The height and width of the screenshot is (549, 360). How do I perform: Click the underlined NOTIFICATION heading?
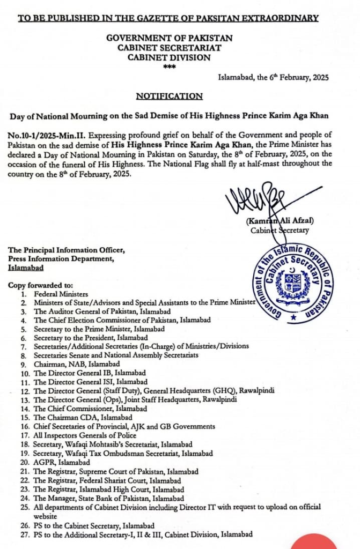tap(170, 97)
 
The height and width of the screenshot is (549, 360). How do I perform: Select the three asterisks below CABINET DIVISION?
tap(170, 66)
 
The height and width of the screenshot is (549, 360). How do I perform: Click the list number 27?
tap(25, 534)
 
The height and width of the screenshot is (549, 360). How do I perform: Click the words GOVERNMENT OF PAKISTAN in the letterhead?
tap(170, 38)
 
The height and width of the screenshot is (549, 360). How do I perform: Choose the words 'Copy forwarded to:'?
tap(40, 285)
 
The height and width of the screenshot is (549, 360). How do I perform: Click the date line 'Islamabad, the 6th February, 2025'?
tap(273, 77)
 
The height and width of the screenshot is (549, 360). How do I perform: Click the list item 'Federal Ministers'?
tap(61, 294)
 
